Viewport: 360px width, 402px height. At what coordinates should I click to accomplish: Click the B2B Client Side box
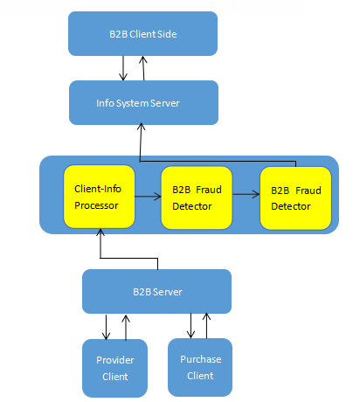point(142,33)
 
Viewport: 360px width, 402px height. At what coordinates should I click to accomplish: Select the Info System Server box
point(143,102)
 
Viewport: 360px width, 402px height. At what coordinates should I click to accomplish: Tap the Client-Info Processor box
point(100,197)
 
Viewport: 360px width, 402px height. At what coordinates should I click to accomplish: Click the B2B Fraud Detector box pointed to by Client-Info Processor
point(197,198)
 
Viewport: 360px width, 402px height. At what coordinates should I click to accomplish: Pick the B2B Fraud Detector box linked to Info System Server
point(295,198)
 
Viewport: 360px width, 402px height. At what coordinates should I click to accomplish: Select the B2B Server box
point(156,291)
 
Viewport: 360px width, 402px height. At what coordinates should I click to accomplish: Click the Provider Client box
point(114,368)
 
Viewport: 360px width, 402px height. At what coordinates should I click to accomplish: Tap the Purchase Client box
point(200,367)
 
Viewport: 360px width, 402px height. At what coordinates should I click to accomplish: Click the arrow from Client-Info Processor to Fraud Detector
point(148,197)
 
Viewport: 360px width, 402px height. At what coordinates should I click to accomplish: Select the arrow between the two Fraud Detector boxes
point(246,194)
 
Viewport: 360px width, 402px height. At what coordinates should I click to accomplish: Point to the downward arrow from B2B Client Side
point(123,68)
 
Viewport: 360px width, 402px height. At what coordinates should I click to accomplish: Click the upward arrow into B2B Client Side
point(143,68)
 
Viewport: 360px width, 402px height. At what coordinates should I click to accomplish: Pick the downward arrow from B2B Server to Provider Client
point(106,327)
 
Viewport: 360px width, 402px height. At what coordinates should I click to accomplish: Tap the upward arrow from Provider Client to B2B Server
point(126,328)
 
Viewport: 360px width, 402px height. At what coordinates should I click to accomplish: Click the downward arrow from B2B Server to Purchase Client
point(190,326)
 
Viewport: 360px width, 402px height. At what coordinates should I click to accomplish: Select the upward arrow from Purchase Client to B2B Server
point(206,326)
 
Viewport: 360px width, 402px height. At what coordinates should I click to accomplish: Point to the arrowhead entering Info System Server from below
point(142,127)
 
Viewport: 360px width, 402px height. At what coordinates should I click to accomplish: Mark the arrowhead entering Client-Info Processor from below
point(100,232)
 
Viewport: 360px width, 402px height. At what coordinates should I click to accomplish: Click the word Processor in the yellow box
point(96,205)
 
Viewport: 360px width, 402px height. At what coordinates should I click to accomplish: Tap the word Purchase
point(201,359)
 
